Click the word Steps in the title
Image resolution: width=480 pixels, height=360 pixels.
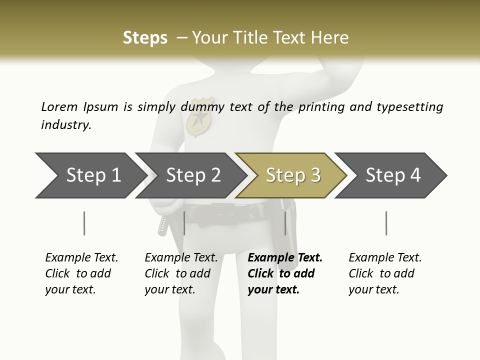pos(145,38)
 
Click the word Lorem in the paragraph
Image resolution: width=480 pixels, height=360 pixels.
pos(59,106)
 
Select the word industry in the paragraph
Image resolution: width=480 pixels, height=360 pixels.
pos(65,125)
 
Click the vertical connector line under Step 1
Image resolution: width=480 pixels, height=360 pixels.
pos(84,223)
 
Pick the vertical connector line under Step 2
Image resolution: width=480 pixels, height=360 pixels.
pos(184,223)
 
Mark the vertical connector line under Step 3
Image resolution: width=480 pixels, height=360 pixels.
pos(285,223)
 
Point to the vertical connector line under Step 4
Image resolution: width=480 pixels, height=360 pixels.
pos(386,223)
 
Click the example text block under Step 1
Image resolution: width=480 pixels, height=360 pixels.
pos(81,273)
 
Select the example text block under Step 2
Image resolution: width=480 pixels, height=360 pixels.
pos(181,273)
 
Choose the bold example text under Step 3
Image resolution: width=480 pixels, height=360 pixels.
pos(285,273)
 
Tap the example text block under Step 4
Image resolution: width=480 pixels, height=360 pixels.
pos(385,273)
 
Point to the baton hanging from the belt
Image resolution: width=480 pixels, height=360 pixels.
pos(163,226)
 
